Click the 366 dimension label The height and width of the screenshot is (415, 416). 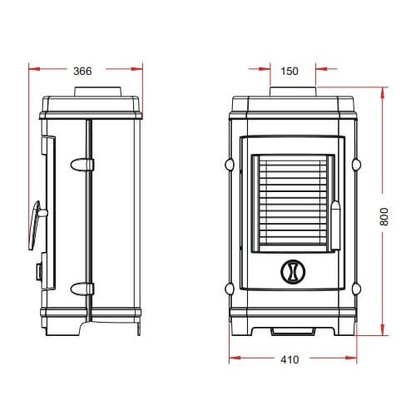(x=82, y=72)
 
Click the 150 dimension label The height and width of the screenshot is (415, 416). (x=290, y=72)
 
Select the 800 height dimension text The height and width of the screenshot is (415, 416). (x=384, y=216)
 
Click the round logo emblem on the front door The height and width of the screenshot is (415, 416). (x=293, y=272)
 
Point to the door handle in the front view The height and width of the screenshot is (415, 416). (x=335, y=225)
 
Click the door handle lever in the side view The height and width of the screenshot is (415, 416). (x=35, y=225)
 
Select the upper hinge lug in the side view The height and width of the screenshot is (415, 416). (x=82, y=165)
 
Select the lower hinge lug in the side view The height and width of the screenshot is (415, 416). (x=82, y=289)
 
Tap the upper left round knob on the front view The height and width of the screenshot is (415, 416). (x=230, y=165)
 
